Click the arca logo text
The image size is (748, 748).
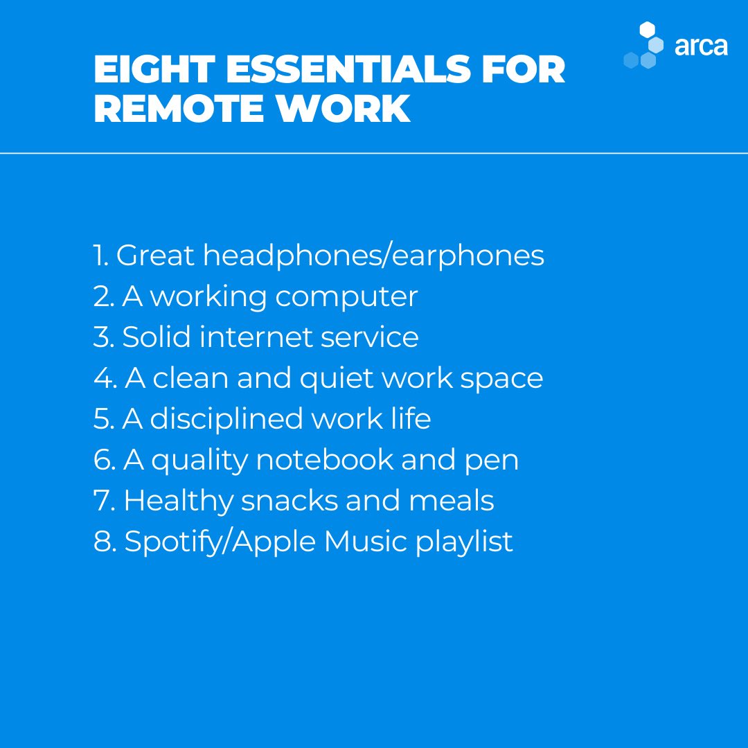(701, 46)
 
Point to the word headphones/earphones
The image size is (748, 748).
(373, 256)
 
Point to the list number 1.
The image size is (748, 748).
(100, 256)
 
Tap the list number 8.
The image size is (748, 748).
(103, 542)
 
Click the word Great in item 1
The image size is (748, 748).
(155, 256)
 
